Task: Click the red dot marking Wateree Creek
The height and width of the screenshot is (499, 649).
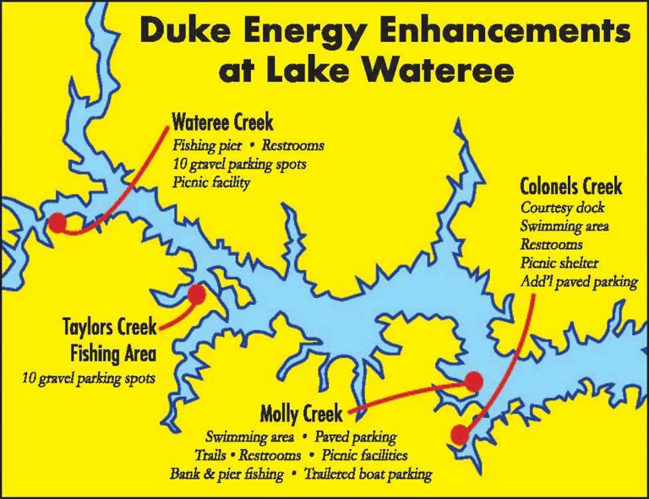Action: [57, 222]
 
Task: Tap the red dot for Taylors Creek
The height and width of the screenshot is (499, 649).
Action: [197, 295]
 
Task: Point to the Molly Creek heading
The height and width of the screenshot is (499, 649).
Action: [302, 415]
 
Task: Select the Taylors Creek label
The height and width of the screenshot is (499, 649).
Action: [109, 326]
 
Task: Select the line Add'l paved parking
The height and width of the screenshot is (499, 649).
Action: [579, 282]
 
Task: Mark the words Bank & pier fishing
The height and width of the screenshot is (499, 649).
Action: [226, 474]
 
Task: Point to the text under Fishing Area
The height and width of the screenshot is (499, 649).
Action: [89, 377]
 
